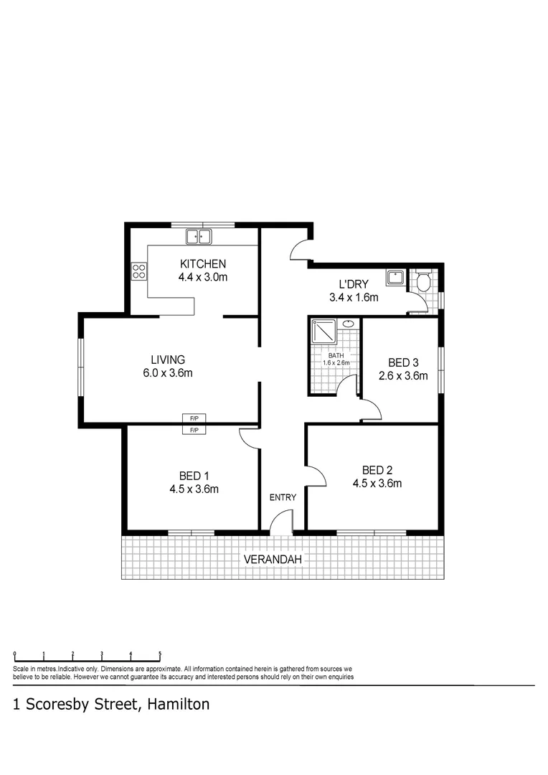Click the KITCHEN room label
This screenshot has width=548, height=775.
[203, 263]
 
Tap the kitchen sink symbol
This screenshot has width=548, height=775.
[198, 236]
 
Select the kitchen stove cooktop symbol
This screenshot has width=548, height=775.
[139, 271]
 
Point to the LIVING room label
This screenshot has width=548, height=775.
[168, 360]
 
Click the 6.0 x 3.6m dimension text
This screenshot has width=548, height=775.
[168, 373]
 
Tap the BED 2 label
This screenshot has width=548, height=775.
[377, 469]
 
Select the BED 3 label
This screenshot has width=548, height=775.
[403, 362]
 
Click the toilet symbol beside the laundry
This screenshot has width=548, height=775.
[422, 281]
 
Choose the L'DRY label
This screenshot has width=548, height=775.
[349, 284]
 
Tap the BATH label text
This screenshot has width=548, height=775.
[336, 355]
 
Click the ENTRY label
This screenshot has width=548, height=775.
[283, 497]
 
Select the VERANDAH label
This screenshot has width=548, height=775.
[272, 558]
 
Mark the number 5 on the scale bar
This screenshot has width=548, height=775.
[160, 654]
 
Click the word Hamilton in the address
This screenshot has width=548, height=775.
[179, 705]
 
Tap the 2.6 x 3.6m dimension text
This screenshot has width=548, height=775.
[403, 375]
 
